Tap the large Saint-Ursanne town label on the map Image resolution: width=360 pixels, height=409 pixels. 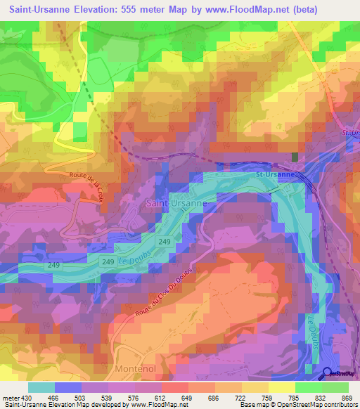pos(176,203)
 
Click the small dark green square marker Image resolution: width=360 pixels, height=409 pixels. pos(295,157)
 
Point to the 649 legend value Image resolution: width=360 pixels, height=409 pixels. pos(186,398)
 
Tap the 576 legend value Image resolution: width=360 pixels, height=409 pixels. pos(133,398)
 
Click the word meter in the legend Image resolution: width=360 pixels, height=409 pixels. pos(10,398)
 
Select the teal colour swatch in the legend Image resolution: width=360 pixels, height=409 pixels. pos(41,387)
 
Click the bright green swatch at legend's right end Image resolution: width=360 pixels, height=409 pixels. pos(335,387)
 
